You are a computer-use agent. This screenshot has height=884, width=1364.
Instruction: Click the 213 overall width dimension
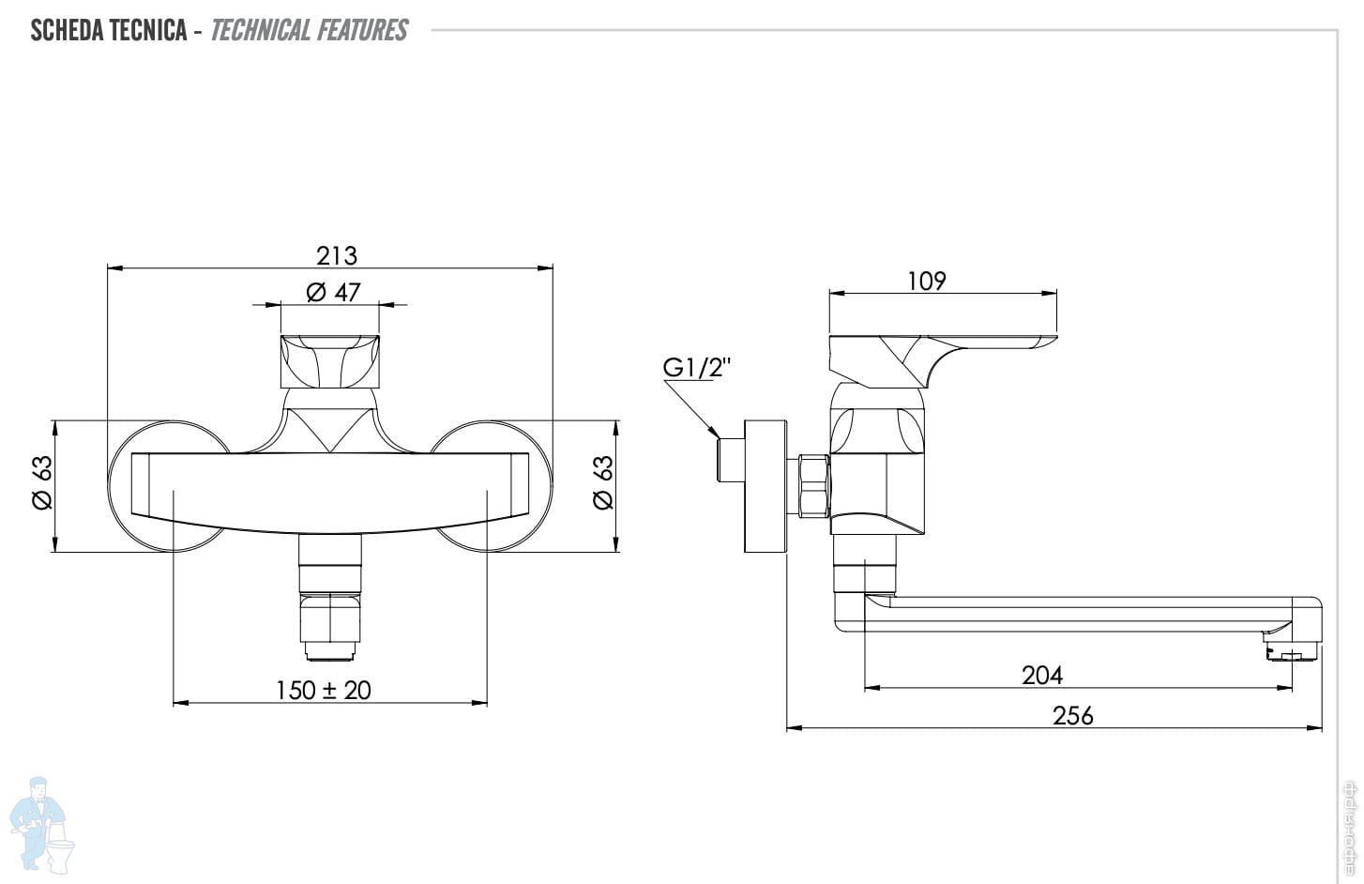coord(337,255)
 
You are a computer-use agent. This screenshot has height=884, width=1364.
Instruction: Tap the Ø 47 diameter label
coord(333,293)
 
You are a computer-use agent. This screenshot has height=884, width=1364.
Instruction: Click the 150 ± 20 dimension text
coord(324,691)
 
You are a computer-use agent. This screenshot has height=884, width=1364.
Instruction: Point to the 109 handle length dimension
coord(927,281)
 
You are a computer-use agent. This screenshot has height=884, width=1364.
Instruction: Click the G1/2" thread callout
coord(697,368)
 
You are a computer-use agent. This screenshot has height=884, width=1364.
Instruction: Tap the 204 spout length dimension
coord(1042,675)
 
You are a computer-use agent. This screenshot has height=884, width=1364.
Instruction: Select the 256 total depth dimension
coord(1073,716)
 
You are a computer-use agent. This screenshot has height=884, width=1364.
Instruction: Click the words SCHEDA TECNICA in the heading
coord(109,30)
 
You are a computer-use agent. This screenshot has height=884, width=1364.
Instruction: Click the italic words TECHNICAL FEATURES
coord(309,30)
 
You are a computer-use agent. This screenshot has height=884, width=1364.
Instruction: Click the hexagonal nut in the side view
coord(813,485)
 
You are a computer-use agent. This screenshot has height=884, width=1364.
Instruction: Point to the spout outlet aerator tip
coord(1293,652)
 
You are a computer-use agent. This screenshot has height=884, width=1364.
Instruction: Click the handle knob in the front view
coord(330,361)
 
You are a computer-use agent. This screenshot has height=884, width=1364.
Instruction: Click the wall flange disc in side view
coord(764,485)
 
